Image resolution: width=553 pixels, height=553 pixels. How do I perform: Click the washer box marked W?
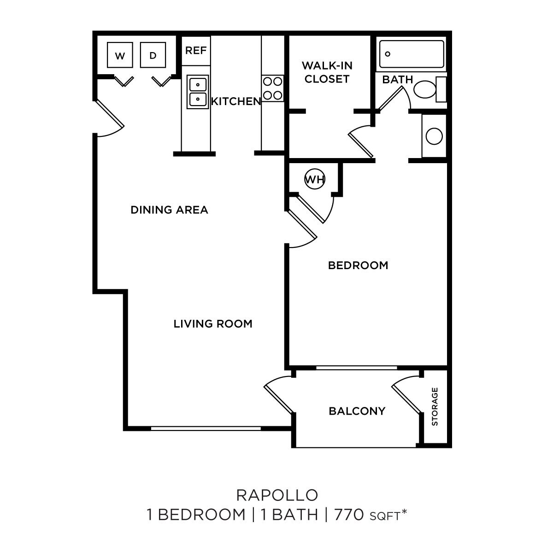pos(120,56)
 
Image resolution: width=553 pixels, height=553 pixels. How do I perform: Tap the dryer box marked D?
pos(153,56)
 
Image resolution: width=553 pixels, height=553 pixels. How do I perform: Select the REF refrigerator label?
pos(196,50)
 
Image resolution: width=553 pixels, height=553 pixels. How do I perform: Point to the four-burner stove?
pos(272,88)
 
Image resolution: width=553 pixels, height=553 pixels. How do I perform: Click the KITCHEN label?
pos(235,101)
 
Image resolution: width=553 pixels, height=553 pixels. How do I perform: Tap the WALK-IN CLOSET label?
pos(327,72)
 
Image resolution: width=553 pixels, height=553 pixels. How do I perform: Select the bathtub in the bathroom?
pos(412,54)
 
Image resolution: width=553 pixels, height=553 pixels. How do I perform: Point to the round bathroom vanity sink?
pos(434,136)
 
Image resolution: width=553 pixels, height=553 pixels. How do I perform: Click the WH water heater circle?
pos(315,179)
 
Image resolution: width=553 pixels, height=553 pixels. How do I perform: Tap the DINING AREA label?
pos(169,210)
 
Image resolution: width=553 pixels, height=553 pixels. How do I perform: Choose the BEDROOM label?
pos(358,265)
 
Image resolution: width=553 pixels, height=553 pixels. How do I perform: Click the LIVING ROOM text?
pos(213,324)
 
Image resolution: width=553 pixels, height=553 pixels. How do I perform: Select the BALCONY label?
pos(357,411)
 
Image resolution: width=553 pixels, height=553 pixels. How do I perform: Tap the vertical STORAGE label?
pos(435,406)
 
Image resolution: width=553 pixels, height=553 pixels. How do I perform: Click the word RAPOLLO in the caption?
pos(277,495)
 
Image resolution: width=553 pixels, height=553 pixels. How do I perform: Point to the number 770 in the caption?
pos(350,514)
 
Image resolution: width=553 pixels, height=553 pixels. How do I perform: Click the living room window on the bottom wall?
pos(206,429)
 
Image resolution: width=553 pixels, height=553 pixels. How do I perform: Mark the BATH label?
pos(397,80)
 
